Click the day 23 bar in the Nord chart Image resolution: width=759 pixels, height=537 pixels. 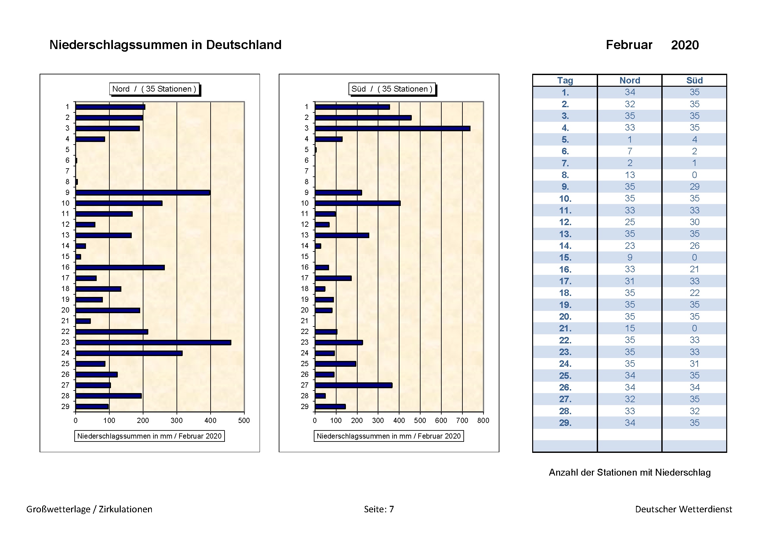[x=153, y=342]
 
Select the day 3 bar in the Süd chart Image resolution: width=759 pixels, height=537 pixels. [x=392, y=128]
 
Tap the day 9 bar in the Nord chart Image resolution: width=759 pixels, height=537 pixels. [x=142, y=193]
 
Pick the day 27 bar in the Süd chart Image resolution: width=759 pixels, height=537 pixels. [x=353, y=385]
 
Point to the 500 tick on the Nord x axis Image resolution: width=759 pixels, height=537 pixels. [x=244, y=420]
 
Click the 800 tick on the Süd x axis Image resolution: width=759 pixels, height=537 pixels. [x=483, y=420]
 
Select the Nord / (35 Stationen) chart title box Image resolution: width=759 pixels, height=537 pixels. [x=154, y=89]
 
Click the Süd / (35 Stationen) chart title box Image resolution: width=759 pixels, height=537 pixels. [x=392, y=89]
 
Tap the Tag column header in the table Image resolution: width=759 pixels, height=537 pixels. [x=565, y=80]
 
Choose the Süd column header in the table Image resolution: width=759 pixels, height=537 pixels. [x=694, y=80]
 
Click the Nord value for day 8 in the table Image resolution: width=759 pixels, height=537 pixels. [x=630, y=175]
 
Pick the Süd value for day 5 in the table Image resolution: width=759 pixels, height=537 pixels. [x=694, y=139]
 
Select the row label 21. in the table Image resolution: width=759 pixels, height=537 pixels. [x=565, y=328]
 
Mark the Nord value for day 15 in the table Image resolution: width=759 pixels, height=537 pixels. [x=630, y=257]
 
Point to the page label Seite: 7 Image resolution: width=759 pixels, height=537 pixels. [x=379, y=509]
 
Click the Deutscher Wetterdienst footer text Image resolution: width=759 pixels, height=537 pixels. [x=683, y=509]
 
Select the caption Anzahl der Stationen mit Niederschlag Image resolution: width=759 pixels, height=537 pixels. [x=630, y=472]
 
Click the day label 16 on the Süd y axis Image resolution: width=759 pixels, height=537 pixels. [x=304, y=267]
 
